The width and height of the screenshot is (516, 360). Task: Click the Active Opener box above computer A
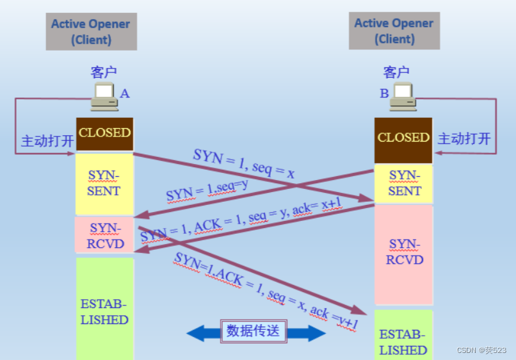pyautogui.click(x=91, y=31)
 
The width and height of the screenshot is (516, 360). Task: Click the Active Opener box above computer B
pyautogui.click(x=394, y=31)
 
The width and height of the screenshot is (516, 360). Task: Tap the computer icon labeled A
pyautogui.click(x=104, y=97)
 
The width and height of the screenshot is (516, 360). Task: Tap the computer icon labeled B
pyautogui.click(x=403, y=97)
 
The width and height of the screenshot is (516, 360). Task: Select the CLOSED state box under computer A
pyautogui.click(x=104, y=134)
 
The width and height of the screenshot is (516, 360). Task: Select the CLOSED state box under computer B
pyautogui.click(x=403, y=140)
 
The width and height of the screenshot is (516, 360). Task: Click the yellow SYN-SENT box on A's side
pyautogui.click(x=104, y=184)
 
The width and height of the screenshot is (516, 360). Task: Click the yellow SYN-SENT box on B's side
pyautogui.click(x=403, y=184)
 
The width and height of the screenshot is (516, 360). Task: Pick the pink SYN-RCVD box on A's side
pyautogui.click(x=104, y=235)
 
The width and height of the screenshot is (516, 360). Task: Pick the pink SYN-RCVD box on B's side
pyautogui.click(x=404, y=254)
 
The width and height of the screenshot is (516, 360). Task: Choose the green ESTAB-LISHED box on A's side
pyautogui.click(x=104, y=309)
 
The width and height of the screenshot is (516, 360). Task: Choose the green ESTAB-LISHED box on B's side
pyautogui.click(x=403, y=335)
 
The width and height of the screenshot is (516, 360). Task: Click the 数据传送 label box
pyautogui.click(x=254, y=331)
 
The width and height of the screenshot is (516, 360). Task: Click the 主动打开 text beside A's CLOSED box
pyautogui.click(x=47, y=141)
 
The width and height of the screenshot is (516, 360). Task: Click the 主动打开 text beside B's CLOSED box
pyautogui.click(x=464, y=138)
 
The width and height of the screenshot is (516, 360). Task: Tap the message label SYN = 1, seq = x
pyautogui.click(x=243, y=163)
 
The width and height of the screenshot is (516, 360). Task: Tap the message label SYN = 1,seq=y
pyautogui.click(x=207, y=191)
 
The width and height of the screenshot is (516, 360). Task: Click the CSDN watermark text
pyautogui.click(x=481, y=350)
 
